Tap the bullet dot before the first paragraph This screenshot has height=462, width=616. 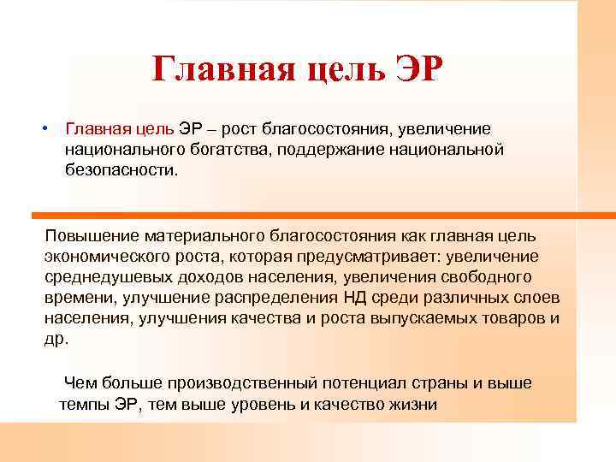pyautogui.click(x=42, y=128)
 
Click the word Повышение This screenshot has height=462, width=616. pyautogui.click(x=92, y=234)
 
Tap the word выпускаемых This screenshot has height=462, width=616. pyautogui.click(x=422, y=317)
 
